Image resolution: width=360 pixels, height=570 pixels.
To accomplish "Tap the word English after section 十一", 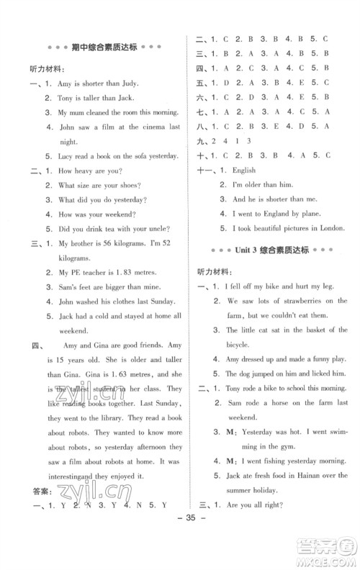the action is tap(243, 171).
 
